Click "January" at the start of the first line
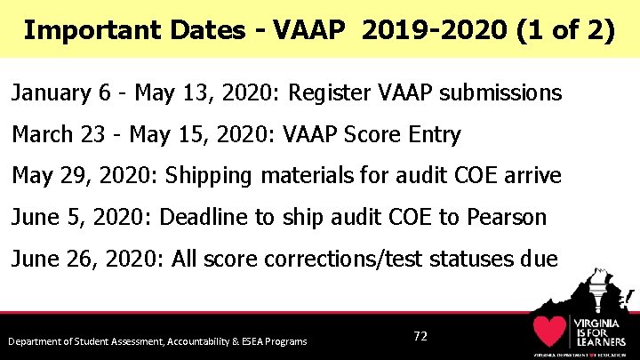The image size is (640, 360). pyautogui.click(x=50, y=92)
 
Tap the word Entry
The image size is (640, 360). pyautogui.click(x=431, y=134)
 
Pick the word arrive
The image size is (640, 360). pyautogui.click(x=532, y=175)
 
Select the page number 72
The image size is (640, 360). pyautogui.click(x=420, y=336)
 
